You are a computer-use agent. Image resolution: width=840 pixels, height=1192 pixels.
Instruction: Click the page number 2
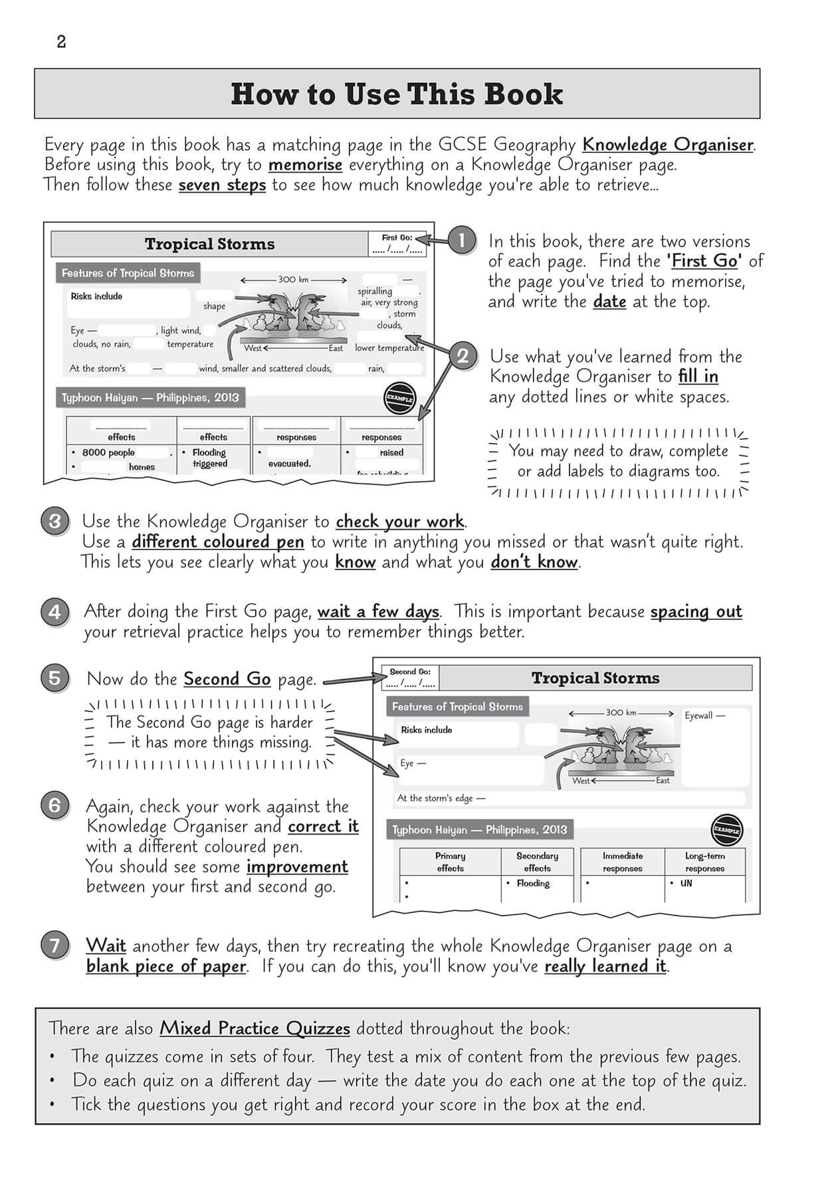click(x=61, y=42)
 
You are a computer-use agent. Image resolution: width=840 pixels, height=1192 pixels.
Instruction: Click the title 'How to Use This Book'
click(x=397, y=94)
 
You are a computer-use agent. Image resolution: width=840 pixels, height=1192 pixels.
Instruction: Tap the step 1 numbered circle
click(x=461, y=240)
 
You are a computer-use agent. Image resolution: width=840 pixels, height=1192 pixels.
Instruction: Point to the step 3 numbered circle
click(x=55, y=521)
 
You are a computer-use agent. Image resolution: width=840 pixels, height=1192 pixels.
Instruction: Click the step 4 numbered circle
click(x=55, y=611)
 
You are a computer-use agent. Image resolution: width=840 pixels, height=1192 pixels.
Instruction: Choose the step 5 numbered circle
click(x=55, y=678)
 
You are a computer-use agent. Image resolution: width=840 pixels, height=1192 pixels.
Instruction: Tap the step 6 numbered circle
click(x=55, y=806)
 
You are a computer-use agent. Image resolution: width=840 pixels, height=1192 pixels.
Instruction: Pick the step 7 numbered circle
click(x=55, y=945)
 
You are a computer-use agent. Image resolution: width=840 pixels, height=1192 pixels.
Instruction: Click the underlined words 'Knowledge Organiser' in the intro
click(x=668, y=144)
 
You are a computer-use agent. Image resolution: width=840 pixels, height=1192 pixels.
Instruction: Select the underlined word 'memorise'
click(x=305, y=164)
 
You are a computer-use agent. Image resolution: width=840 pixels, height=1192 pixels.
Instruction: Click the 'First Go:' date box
click(x=397, y=245)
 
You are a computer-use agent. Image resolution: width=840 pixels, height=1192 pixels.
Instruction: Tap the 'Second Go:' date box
click(x=410, y=678)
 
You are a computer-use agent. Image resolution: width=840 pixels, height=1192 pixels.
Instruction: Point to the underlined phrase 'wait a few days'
click(x=378, y=611)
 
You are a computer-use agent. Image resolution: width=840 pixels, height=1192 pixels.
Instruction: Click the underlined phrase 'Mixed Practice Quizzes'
click(x=255, y=1028)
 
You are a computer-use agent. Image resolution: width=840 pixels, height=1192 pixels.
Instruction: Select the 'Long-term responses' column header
click(x=704, y=862)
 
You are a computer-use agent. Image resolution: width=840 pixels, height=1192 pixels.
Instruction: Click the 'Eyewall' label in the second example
click(x=704, y=716)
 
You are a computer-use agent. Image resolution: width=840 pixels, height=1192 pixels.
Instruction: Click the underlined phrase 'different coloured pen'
click(x=218, y=542)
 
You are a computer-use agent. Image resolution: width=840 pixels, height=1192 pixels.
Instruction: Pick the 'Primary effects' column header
click(x=450, y=862)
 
